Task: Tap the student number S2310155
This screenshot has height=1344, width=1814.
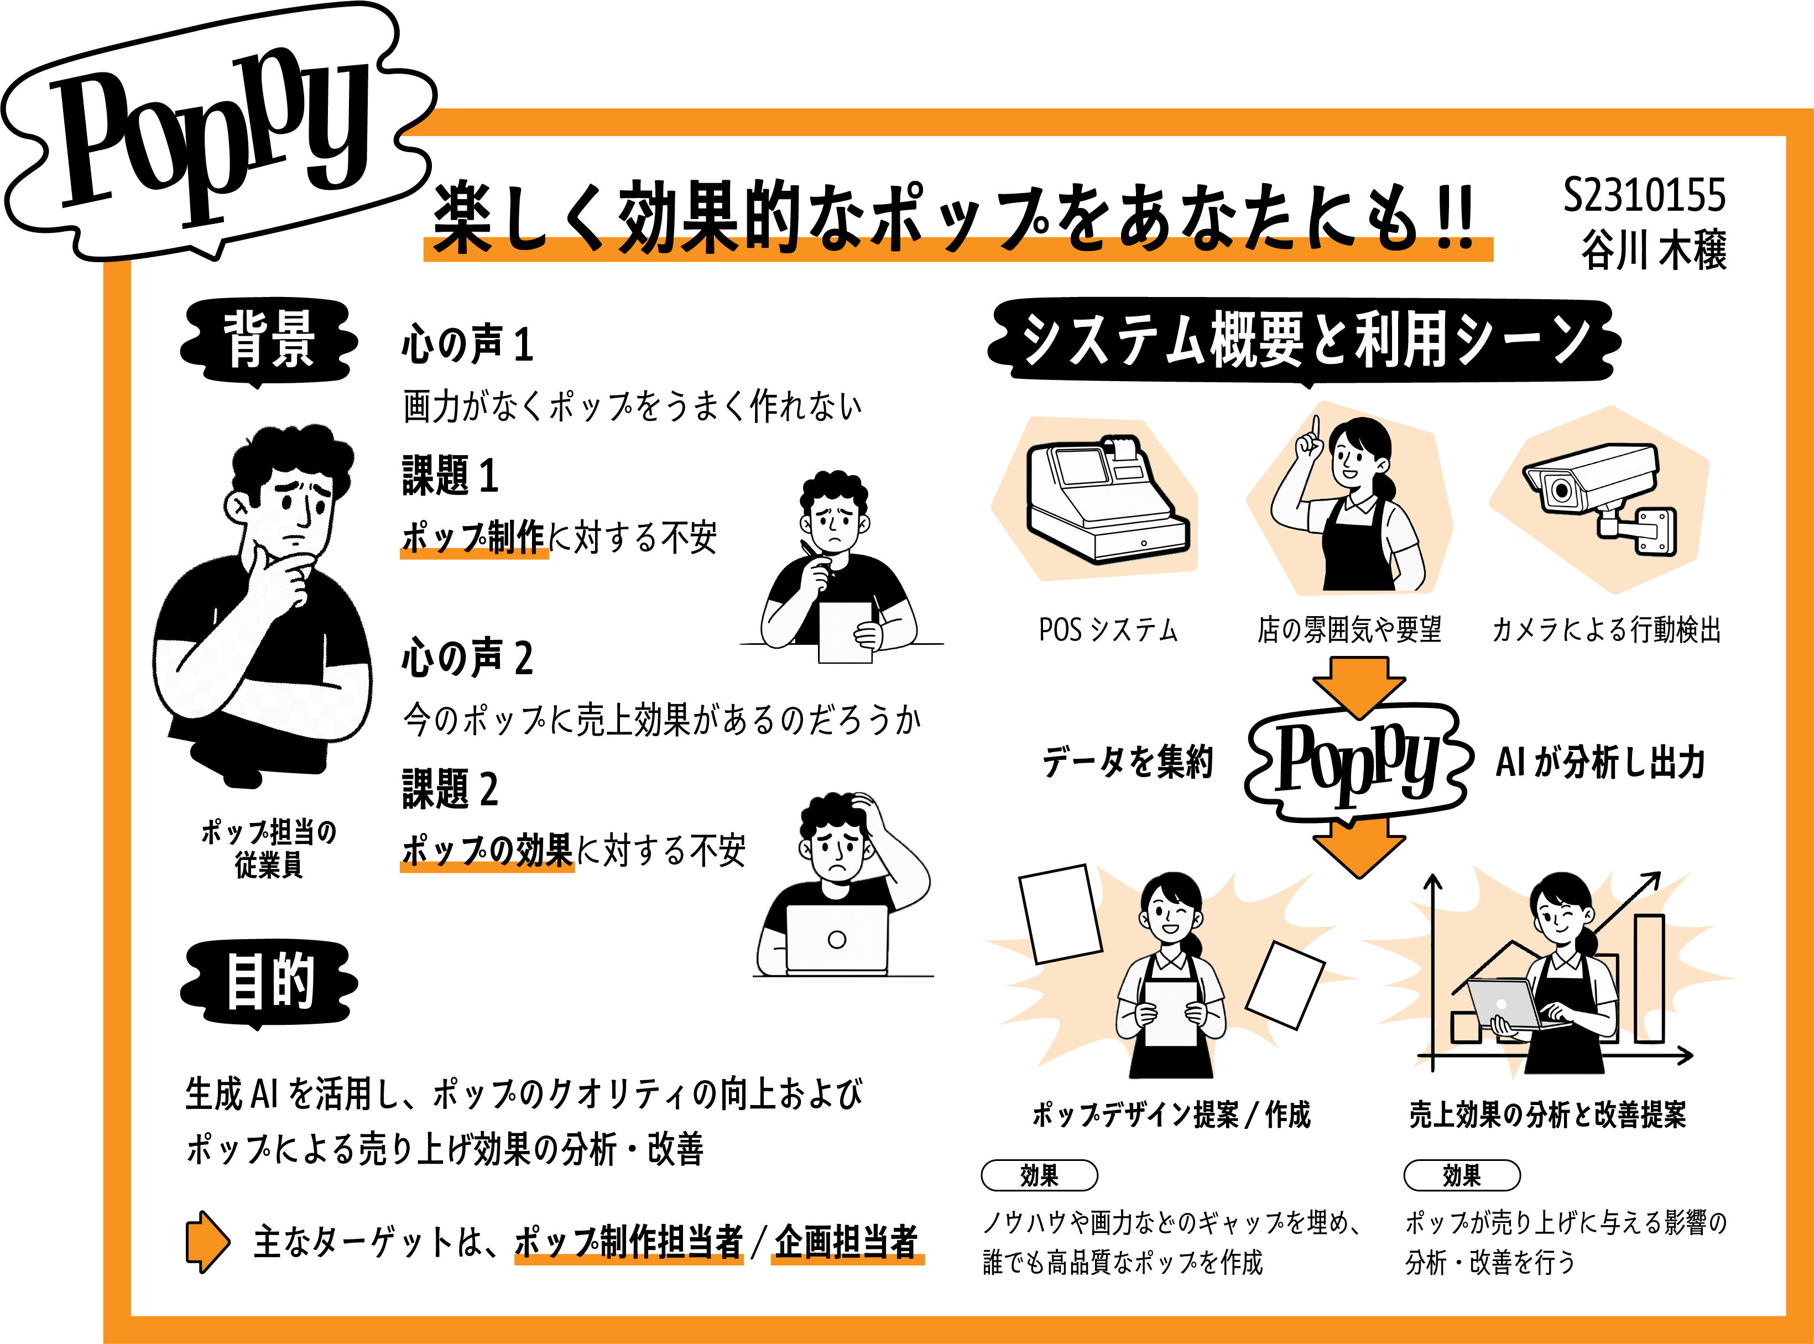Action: pos(1643,195)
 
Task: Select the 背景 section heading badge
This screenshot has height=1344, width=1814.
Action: pos(268,340)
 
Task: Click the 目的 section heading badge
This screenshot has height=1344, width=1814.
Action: pos(268,981)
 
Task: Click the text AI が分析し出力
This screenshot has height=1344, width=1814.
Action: pos(1600,762)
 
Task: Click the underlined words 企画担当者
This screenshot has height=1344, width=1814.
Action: pos(846,1242)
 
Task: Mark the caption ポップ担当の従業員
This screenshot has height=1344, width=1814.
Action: pos(268,848)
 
